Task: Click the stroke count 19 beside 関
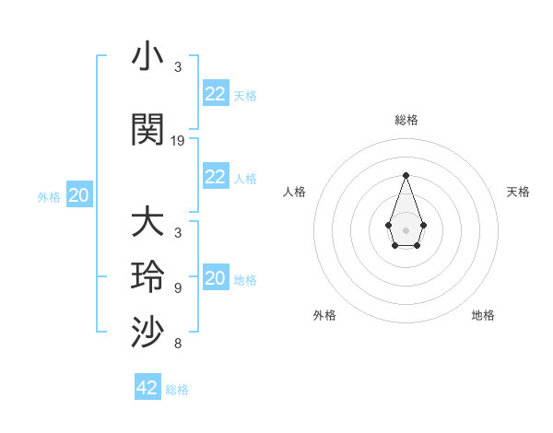pos(178,141)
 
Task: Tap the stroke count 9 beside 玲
pos(178,288)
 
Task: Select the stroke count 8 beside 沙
pos(178,345)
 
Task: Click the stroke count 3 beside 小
pos(178,67)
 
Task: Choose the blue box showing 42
pos(147,388)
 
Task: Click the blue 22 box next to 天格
pos(216,93)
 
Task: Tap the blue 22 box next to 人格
pos(216,177)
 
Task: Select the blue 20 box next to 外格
pos(79,195)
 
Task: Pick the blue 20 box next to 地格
pos(216,278)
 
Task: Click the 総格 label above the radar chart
pos(406,121)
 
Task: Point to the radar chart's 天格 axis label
pos(518,192)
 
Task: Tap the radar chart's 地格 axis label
pos(483,315)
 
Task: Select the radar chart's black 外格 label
pos(324,315)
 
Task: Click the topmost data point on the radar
pos(406,175)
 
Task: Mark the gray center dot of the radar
pos(406,229)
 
